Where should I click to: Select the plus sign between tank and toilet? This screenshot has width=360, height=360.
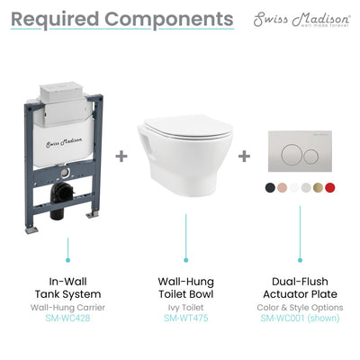121,156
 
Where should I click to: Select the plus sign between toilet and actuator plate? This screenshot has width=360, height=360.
243,156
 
